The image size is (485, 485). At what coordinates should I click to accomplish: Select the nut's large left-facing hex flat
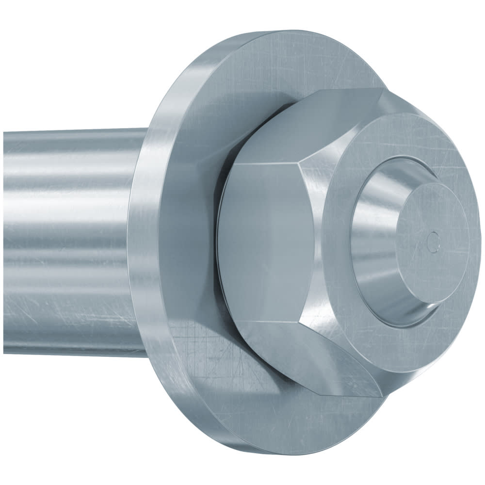point(264,242)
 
